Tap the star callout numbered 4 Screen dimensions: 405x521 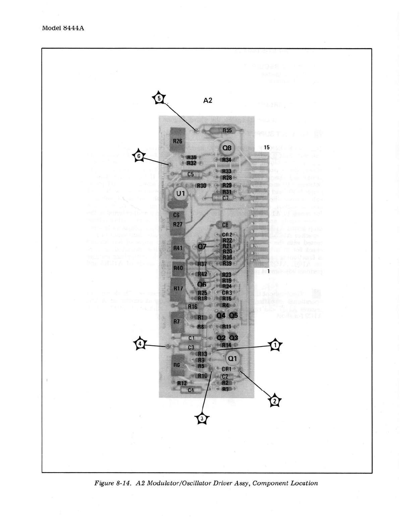(x=140, y=344)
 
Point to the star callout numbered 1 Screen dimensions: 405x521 (x=275, y=345)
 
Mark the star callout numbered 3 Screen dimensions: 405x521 (x=202, y=418)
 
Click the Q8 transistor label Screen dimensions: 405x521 (x=227, y=148)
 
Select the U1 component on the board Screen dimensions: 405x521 (x=180, y=193)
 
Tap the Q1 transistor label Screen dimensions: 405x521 (x=232, y=359)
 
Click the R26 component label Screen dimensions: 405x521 (x=177, y=141)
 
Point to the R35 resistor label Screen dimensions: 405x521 (x=227, y=130)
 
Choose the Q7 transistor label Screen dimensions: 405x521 (x=202, y=246)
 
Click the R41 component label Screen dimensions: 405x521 (x=178, y=248)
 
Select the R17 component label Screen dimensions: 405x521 (x=178, y=288)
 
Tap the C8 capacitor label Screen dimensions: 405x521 (x=225, y=225)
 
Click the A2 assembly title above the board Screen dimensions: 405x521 (x=208, y=100)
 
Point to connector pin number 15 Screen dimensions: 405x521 (x=267, y=147)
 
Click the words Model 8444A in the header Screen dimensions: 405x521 (x=63, y=28)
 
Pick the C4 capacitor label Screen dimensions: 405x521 (x=191, y=390)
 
